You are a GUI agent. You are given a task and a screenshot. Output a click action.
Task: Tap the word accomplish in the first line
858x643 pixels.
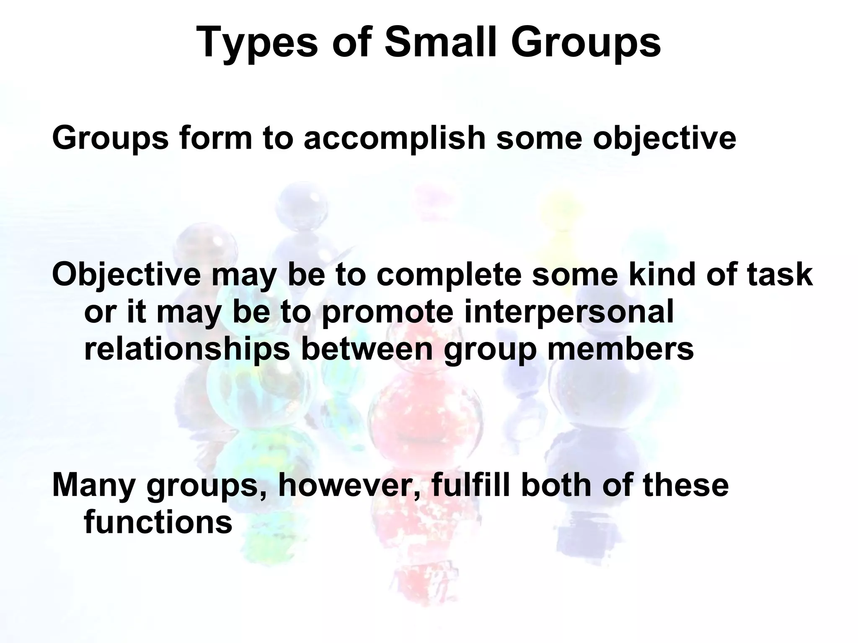tap(394, 138)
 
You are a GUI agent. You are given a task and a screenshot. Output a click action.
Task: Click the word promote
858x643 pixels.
tap(388, 312)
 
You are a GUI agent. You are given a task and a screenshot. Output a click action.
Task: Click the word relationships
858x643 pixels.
tap(187, 349)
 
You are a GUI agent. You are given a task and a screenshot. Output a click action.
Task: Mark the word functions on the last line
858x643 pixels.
tap(158, 522)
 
